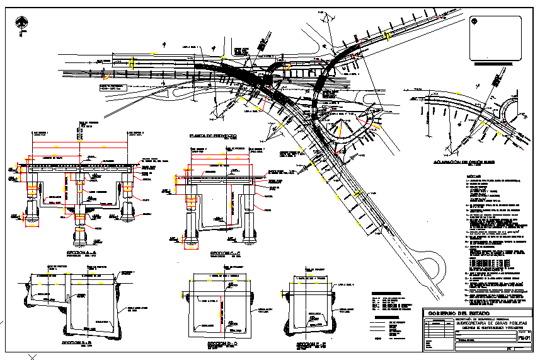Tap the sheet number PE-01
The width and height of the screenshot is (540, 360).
pos(527,338)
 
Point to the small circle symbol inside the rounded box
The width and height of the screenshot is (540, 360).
pos(473,21)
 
